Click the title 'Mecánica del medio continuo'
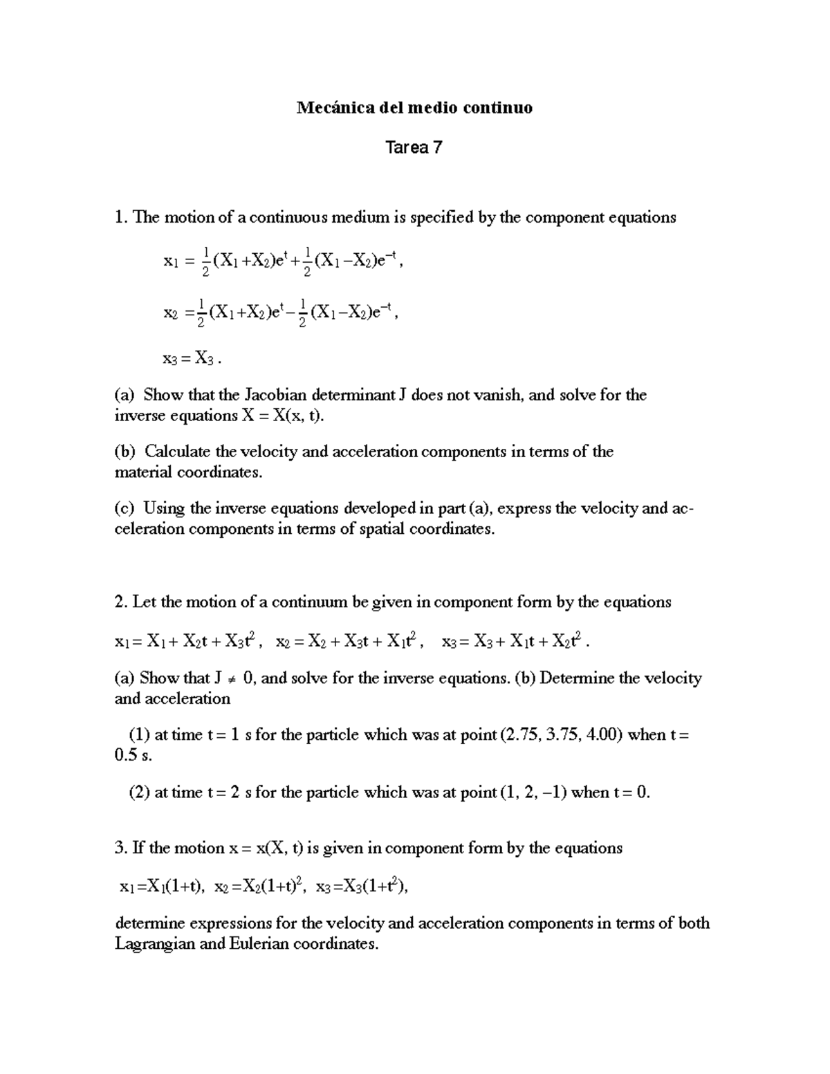click(414, 108)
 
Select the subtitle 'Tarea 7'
click(414, 148)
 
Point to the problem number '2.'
click(121, 602)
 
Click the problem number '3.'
click(121, 849)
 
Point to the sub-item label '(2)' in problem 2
click(140, 793)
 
